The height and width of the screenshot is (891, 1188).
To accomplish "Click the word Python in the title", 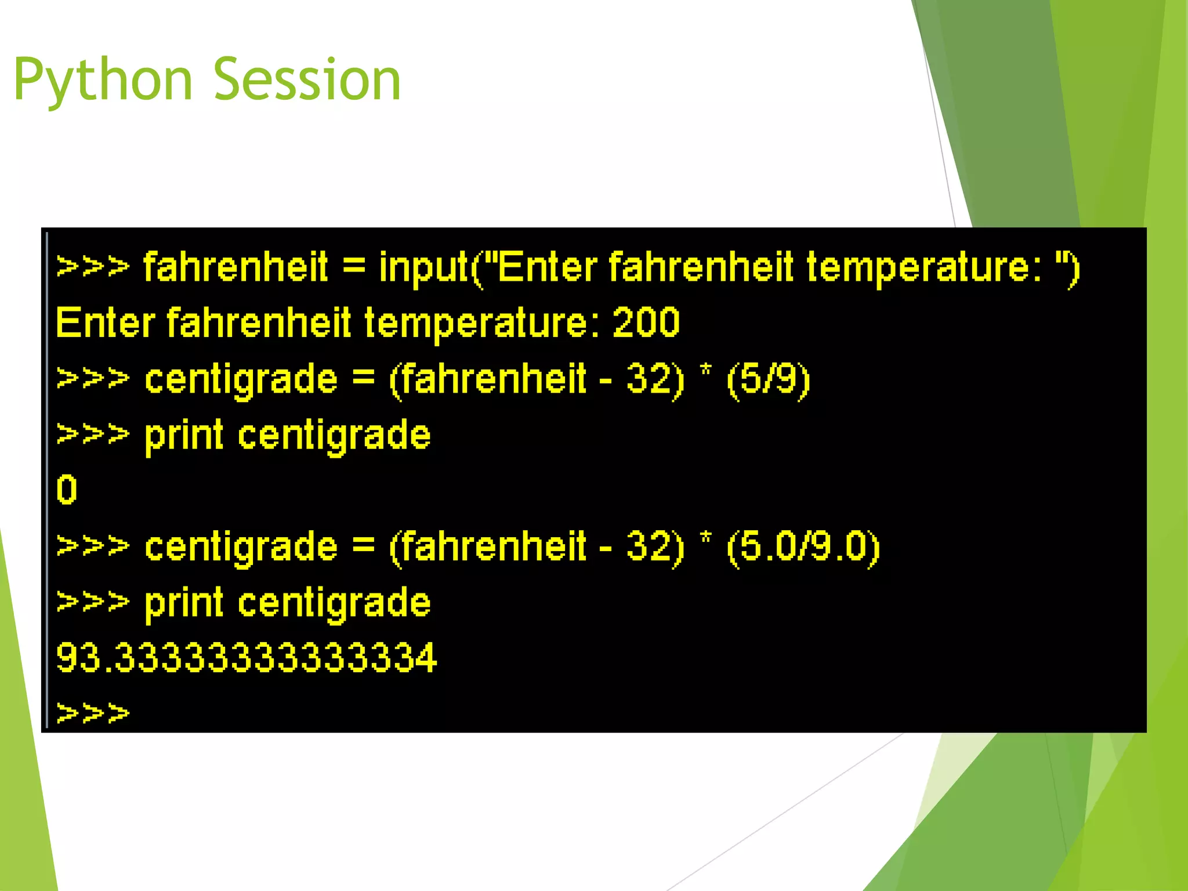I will pos(103,80).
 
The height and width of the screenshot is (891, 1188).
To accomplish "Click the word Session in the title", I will pos(307,80).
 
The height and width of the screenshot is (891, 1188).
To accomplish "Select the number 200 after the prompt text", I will pos(646,323).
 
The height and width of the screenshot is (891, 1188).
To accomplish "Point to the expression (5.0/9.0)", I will pos(803,546).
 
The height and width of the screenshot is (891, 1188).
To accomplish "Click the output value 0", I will pos(67,490).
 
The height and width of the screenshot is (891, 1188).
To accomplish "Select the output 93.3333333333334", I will pos(246,658).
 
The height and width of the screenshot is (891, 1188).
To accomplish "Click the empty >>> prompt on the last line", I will pos(93,713).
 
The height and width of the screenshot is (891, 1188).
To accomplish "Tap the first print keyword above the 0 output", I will pos(183,435).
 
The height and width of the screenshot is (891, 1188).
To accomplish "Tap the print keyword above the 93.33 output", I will pos(183,603).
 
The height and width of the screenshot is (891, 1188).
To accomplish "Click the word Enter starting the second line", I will pos(105,323).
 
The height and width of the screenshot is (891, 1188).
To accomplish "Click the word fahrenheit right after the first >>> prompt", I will pos(236,267).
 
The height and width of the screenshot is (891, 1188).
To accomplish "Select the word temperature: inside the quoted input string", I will pos(925,267).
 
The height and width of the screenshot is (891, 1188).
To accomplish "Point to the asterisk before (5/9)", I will pos(705,371).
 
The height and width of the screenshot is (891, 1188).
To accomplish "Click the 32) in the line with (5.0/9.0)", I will pos(655,546).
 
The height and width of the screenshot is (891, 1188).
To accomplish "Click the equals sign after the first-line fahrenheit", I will pos(354,267).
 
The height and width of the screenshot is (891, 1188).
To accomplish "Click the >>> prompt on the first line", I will pos(93,267).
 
